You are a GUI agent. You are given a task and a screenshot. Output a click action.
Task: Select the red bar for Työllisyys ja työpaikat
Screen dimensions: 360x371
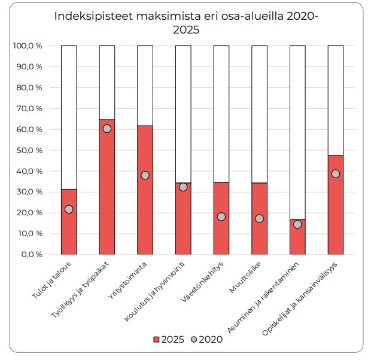point(107,187)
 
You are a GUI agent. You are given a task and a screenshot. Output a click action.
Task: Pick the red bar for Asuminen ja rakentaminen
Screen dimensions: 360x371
point(297,237)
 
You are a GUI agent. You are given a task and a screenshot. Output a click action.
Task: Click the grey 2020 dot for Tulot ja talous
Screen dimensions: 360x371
point(69,209)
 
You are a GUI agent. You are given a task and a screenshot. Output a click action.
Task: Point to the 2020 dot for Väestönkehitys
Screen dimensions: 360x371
point(221,216)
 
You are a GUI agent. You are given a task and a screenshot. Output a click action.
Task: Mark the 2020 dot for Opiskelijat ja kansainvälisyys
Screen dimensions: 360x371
point(336,173)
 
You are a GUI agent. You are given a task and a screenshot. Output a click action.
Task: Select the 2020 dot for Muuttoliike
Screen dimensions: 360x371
point(259,218)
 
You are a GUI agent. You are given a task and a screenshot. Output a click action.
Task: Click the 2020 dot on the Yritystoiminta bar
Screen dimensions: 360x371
point(145,175)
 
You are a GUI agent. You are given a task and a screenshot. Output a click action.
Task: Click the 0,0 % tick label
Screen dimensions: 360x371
point(31,254)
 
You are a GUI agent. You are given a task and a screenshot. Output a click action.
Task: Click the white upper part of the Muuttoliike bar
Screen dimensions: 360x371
point(259,114)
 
